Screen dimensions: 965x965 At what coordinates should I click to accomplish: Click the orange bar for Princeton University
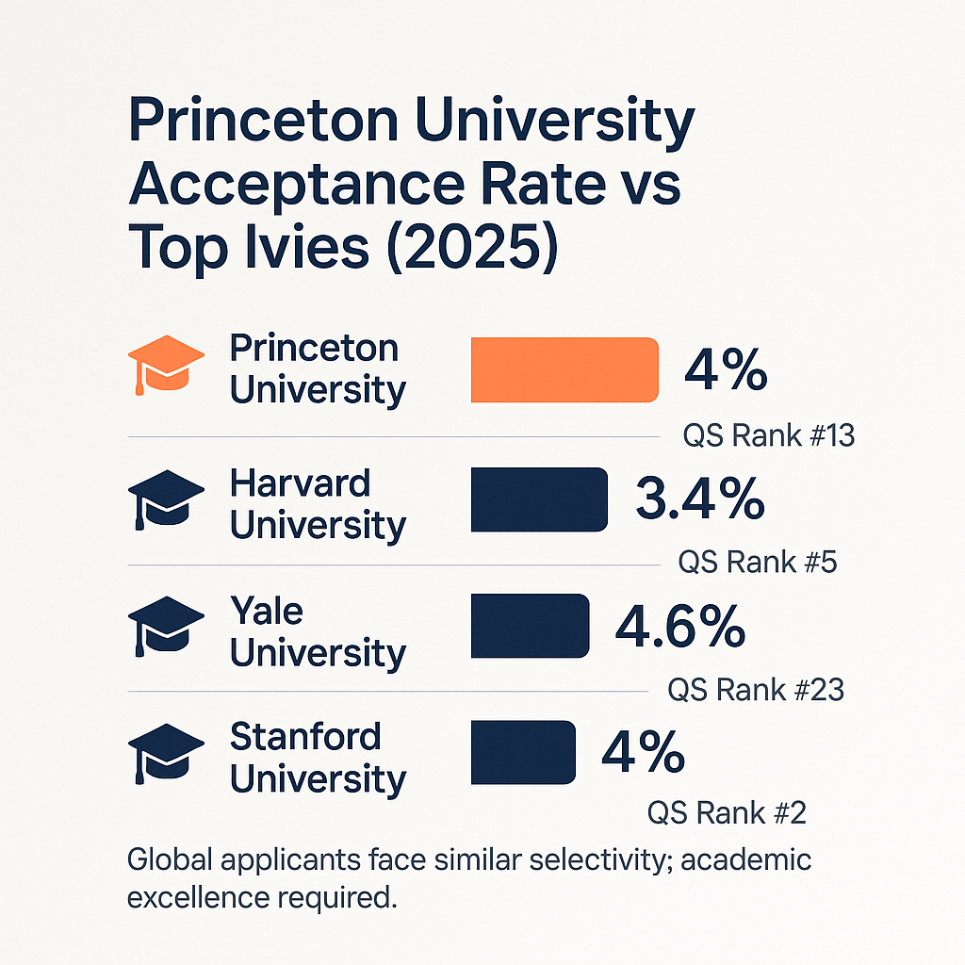[564, 369]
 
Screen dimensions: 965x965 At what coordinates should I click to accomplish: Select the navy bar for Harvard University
[538, 499]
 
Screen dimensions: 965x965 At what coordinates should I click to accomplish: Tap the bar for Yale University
[529, 626]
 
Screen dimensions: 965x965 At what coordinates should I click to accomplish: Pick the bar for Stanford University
[522, 752]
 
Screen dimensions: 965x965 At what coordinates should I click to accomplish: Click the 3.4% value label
[699, 499]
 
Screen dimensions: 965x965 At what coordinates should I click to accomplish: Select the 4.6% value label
[679, 626]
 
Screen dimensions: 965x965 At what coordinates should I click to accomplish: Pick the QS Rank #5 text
[757, 563]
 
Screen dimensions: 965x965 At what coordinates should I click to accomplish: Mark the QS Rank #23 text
[755, 690]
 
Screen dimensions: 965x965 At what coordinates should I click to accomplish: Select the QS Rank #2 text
[726, 812]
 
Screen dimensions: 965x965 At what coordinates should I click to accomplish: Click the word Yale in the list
[266, 612]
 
